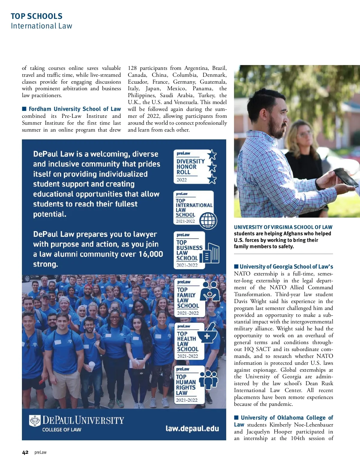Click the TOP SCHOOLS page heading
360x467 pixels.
coord(37,16)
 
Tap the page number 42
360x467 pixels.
coord(25,452)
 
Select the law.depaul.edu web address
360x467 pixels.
coord(192,428)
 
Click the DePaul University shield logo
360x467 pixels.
coord(35,421)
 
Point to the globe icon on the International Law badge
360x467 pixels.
coord(208,220)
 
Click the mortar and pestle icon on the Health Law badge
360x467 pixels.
coord(208,335)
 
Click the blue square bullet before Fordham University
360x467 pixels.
coord(24,109)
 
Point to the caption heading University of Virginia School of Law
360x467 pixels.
coord(283,227)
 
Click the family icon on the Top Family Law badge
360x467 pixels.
coord(210,291)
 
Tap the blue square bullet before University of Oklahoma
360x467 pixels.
coord(236,418)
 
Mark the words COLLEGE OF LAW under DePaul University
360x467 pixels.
coord(62,430)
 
